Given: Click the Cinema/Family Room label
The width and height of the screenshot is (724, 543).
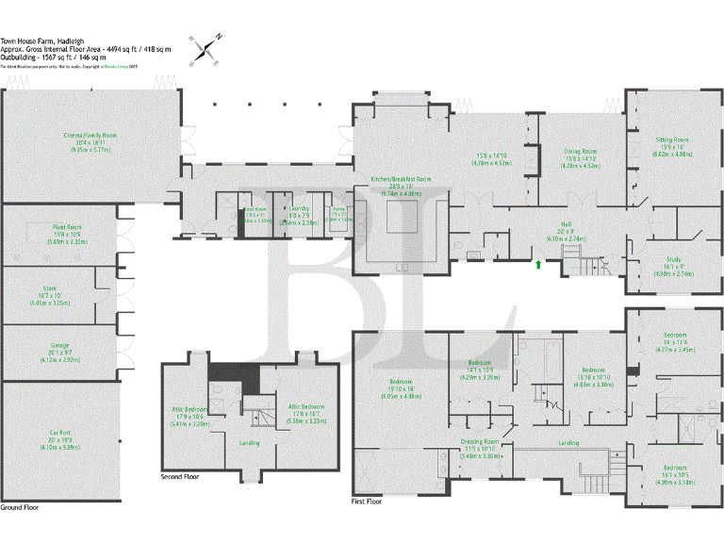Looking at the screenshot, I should click(x=90, y=136).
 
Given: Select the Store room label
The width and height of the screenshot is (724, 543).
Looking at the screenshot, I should click(x=50, y=288).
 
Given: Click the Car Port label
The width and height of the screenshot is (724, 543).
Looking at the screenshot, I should click(x=61, y=434).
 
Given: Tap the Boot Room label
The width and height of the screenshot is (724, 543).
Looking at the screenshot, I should click(x=255, y=211).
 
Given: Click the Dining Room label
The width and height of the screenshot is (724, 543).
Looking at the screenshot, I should click(x=581, y=152).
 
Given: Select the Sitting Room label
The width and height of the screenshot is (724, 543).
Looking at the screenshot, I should click(x=672, y=140).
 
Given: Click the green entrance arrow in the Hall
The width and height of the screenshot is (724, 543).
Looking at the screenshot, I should click(x=538, y=266).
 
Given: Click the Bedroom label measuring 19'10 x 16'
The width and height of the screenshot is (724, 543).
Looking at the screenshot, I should click(x=402, y=383).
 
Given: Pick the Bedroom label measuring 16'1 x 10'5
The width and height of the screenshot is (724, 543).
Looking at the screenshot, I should click(x=674, y=468).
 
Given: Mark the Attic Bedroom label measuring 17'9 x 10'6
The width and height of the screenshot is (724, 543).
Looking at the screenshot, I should click(x=189, y=409).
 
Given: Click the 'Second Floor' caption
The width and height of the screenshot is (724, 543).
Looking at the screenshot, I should click(x=180, y=477).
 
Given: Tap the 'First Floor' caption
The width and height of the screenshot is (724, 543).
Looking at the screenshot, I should click(x=366, y=502).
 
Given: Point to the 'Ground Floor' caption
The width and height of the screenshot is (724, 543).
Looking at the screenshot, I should click(x=19, y=507).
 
